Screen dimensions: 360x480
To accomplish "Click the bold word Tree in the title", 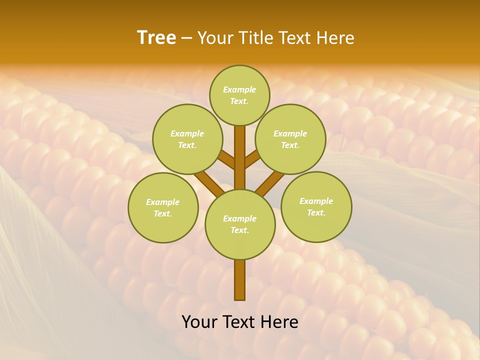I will pos(156,38).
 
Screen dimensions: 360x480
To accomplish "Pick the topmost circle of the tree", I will pos(239,95).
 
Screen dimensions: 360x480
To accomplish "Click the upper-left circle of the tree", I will pos(187,139).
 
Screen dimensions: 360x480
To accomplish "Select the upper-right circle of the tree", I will pos(290,139).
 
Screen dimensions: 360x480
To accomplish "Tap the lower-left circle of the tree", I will pos(163,208).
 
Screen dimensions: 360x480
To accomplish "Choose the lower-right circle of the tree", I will pos(316,207).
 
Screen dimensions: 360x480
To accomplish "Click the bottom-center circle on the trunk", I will pos(240,224).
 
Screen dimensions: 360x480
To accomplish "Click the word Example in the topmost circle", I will pos(239,89).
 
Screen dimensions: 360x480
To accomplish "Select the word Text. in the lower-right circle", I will pos(316,212).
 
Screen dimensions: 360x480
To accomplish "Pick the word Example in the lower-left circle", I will pos(162,202).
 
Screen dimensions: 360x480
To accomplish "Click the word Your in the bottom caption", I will pos(199,321).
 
